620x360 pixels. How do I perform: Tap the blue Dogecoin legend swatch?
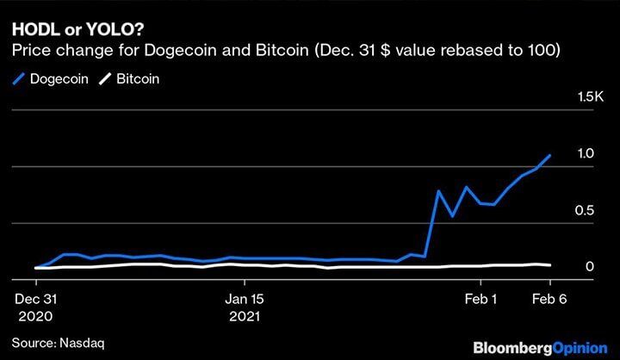click(20, 78)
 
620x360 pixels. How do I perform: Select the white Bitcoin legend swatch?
click(105, 78)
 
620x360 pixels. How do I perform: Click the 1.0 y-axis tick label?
click(586, 153)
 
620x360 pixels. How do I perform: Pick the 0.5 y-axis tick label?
click(586, 211)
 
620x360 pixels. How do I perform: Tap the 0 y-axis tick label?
click(590, 267)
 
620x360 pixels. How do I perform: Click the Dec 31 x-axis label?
click(36, 300)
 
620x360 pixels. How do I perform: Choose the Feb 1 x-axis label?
click(480, 300)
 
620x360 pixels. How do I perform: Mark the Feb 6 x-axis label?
click(549, 300)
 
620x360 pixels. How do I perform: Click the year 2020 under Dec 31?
click(36, 316)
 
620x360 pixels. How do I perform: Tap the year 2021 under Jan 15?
click(246, 316)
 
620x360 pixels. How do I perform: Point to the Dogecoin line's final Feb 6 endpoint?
click(550, 155)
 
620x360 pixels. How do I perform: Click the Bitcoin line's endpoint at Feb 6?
click(550, 265)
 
